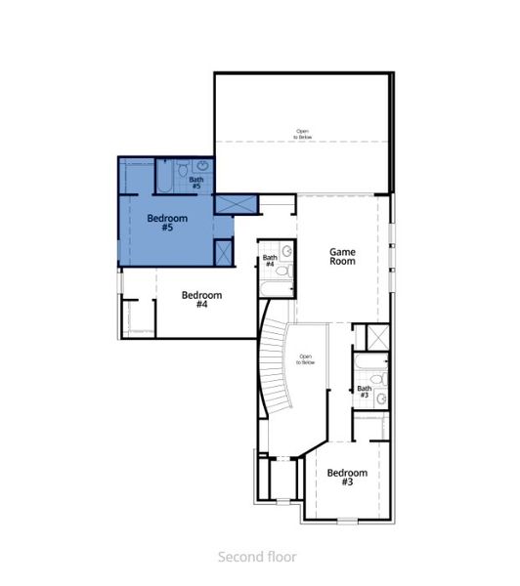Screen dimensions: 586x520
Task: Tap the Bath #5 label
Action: tap(196, 182)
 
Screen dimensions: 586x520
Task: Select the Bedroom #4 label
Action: tap(201, 300)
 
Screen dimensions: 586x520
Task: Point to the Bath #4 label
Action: tap(270, 261)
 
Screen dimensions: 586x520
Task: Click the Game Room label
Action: tap(341, 257)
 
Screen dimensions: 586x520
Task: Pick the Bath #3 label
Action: tap(364, 392)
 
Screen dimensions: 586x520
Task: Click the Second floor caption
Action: tap(259, 557)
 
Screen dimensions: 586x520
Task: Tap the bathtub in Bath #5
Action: tap(164, 177)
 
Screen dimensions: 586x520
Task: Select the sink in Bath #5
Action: tap(200, 167)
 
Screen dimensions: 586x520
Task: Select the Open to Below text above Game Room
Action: tap(302, 134)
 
